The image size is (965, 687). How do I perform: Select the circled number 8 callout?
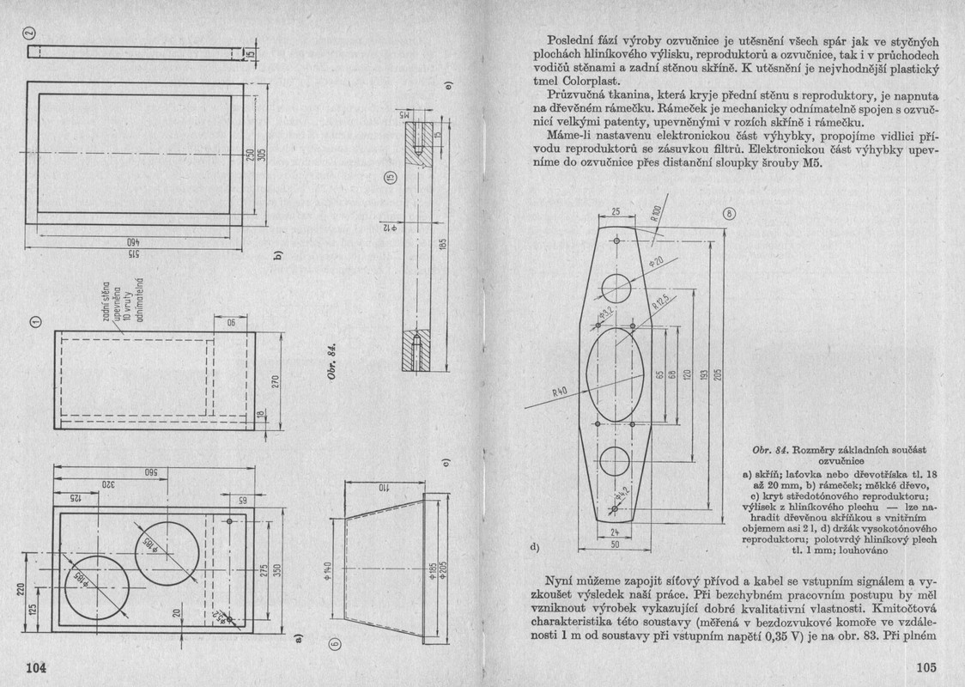pos(729,214)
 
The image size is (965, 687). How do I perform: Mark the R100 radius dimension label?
pos(656,215)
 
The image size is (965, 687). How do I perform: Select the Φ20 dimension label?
pos(659,259)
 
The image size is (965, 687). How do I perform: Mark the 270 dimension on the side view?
pos(276,380)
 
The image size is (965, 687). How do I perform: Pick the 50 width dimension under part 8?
pos(615,544)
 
